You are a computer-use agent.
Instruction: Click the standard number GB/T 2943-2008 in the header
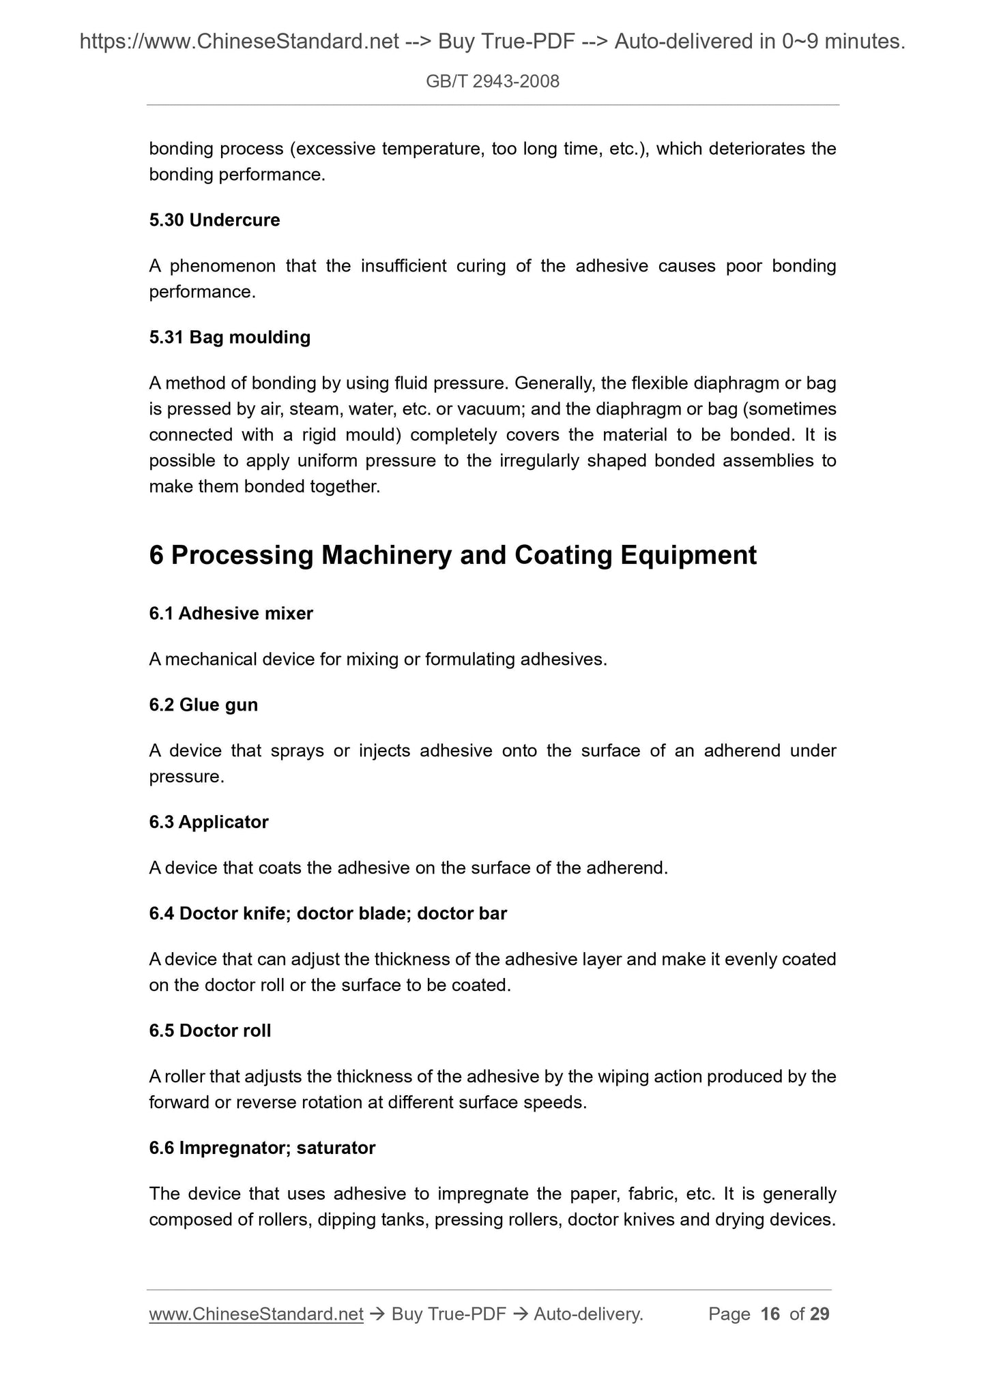(492, 82)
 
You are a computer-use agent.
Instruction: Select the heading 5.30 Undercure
(214, 220)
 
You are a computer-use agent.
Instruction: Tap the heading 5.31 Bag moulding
(229, 337)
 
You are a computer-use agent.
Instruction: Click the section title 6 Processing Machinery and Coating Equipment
(452, 555)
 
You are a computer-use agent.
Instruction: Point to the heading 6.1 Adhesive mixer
(231, 614)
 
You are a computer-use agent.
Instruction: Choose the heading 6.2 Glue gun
(203, 705)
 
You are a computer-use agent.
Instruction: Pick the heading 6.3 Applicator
(209, 822)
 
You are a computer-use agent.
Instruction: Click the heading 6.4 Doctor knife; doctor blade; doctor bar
(328, 913)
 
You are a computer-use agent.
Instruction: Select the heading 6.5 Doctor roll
(209, 1030)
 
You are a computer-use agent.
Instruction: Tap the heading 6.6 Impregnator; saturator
(262, 1148)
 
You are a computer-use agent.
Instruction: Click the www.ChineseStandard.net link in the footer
(256, 1314)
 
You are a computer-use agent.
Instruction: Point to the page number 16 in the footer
(770, 1314)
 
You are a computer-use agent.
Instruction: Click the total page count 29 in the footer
(820, 1314)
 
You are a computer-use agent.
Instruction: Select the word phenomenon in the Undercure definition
(222, 266)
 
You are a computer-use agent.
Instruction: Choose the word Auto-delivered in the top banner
(683, 42)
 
